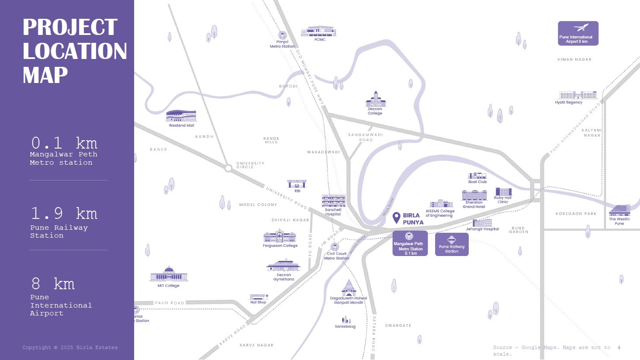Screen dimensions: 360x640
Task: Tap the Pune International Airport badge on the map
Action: (578, 34)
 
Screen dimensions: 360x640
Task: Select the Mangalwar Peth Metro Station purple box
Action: (410, 243)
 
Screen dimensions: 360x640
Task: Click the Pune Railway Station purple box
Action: (452, 244)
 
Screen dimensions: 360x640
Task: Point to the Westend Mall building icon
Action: (181, 116)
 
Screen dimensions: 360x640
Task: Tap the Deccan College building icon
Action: (375, 100)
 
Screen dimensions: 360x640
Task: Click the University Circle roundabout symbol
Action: (228, 168)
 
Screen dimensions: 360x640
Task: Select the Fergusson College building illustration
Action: (280, 236)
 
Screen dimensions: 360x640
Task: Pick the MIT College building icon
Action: (169, 275)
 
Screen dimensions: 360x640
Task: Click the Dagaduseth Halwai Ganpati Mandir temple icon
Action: (349, 288)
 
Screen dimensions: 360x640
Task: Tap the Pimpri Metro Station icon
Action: (282, 35)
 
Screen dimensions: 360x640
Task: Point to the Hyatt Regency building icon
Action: (578, 95)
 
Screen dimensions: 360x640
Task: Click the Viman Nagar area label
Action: (574, 59)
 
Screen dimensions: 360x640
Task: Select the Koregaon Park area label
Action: (576, 214)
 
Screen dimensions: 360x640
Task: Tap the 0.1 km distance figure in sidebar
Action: (64, 143)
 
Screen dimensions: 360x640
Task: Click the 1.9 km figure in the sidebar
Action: (64, 214)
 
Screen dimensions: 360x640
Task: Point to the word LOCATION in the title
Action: (75, 51)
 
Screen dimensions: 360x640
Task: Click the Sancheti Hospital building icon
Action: (333, 201)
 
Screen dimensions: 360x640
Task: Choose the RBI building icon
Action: (297, 183)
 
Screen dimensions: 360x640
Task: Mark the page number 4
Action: (619, 347)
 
